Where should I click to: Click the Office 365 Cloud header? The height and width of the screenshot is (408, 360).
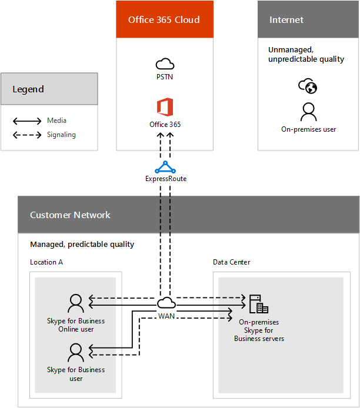pyautogui.click(x=164, y=20)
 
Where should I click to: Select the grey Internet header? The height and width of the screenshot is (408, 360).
pyautogui.click(x=308, y=20)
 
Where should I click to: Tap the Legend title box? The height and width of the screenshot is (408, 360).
pyautogui.click(x=49, y=89)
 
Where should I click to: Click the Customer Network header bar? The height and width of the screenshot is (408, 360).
pyautogui.click(x=188, y=215)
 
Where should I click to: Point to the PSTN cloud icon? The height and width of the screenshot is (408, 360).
pyautogui.click(x=165, y=64)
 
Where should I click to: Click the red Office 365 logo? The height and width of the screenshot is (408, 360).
pyautogui.click(x=165, y=108)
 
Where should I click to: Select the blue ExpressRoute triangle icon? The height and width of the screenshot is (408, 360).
pyautogui.click(x=165, y=167)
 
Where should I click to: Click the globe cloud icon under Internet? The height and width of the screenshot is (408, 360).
pyautogui.click(x=308, y=87)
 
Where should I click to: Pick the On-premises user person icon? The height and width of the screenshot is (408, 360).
pyautogui.click(x=308, y=111)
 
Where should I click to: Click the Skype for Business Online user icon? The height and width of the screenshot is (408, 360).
pyautogui.click(x=76, y=304)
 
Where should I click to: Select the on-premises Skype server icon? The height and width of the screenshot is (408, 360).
pyautogui.click(x=258, y=304)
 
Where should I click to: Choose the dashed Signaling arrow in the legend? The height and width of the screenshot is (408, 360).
pyautogui.click(x=27, y=135)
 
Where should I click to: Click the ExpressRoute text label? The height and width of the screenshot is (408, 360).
pyautogui.click(x=165, y=179)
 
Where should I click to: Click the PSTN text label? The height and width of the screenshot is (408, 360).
pyautogui.click(x=165, y=76)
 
